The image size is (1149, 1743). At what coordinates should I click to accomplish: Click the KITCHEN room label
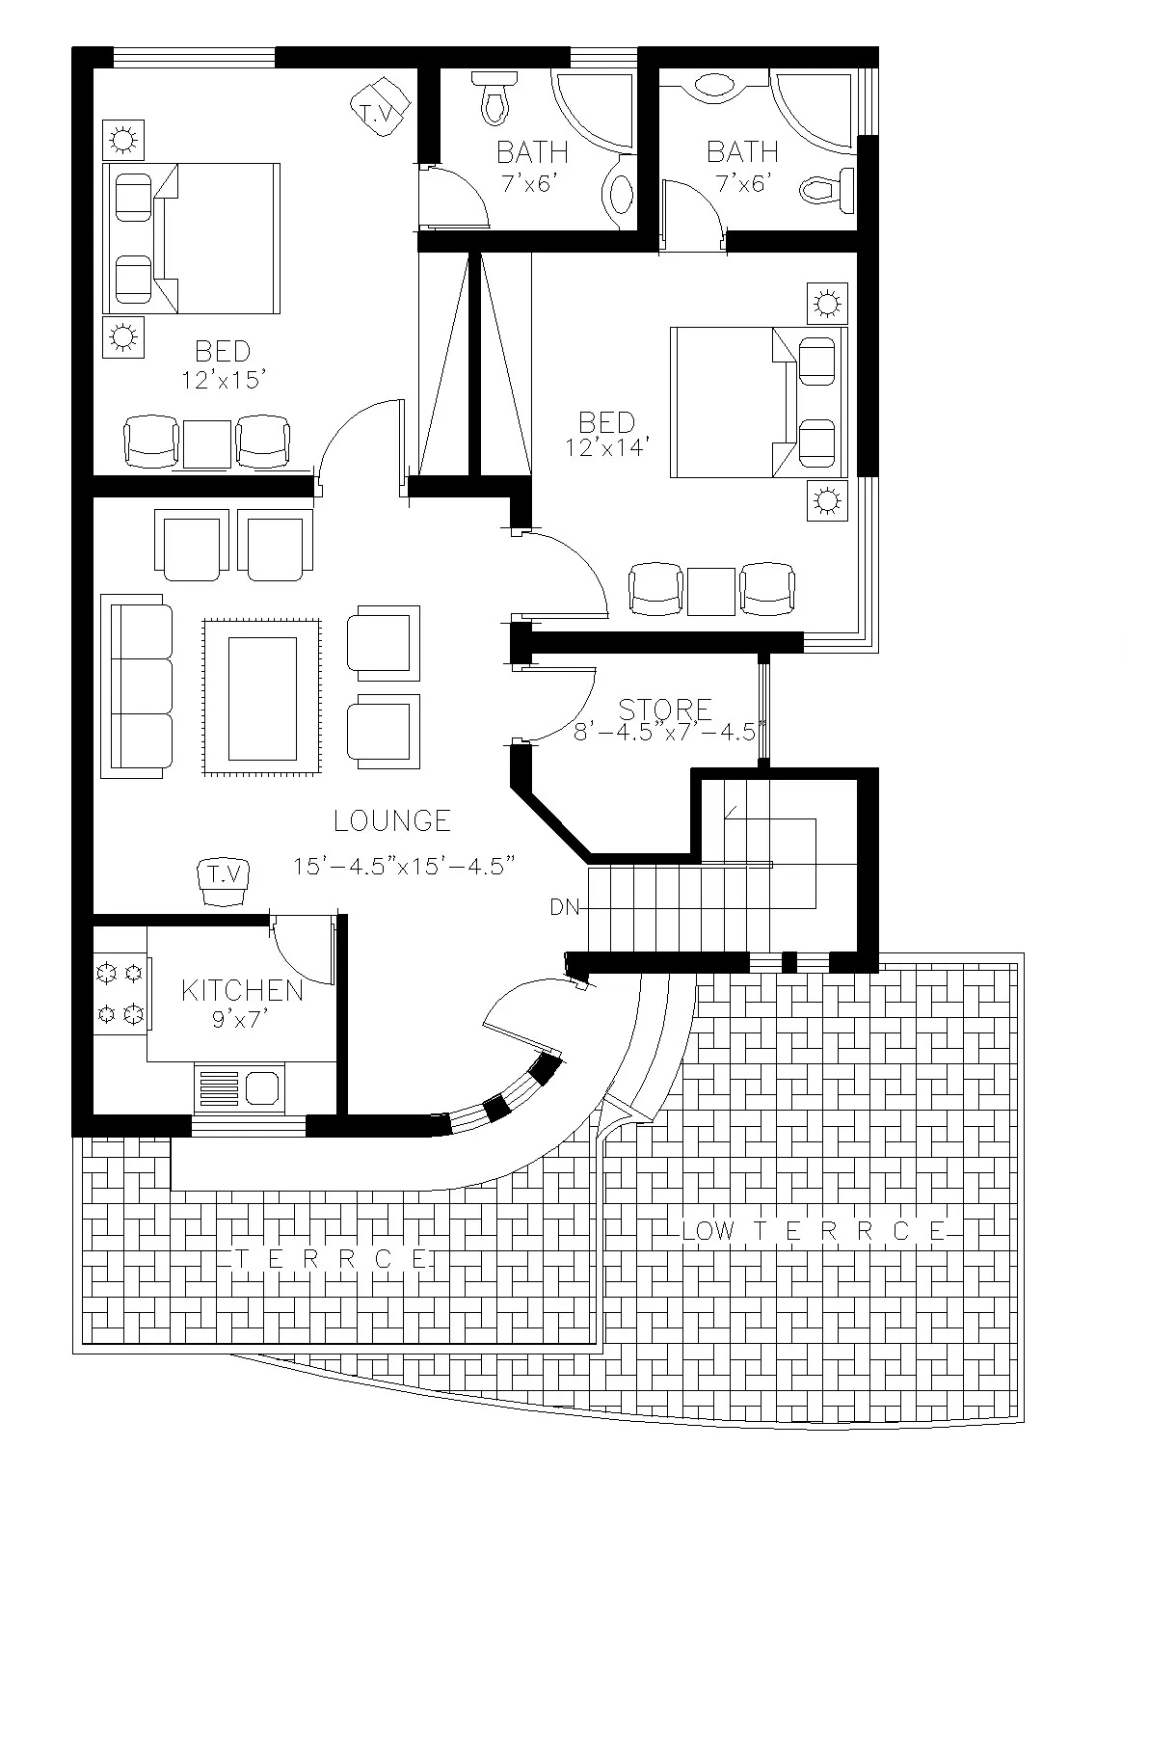242,990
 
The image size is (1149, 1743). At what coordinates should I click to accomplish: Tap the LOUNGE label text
392,820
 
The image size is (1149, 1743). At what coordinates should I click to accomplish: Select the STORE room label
665,711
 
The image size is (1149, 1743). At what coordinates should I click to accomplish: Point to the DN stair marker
564,906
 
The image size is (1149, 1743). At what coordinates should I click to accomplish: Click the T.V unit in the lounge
225,880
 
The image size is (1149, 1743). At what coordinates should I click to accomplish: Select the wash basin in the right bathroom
714,85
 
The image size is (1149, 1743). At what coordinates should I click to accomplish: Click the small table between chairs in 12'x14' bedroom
711,591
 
